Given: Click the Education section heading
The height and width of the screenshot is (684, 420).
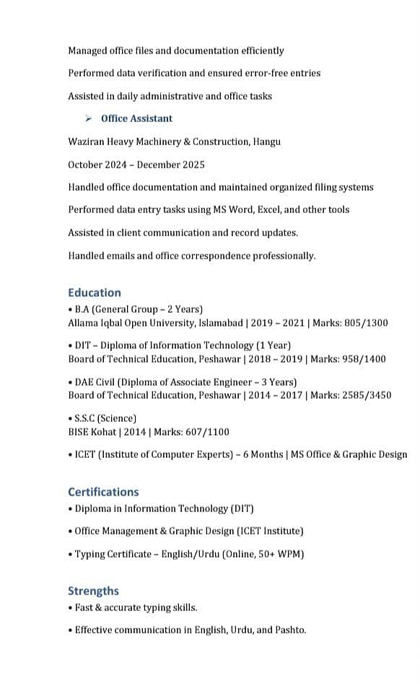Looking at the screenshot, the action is (95, 293).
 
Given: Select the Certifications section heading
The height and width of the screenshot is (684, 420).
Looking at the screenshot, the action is (103, 492).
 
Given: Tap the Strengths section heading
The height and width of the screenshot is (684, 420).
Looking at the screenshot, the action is (93, 591).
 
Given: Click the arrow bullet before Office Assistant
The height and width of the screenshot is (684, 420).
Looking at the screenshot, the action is (88, 118).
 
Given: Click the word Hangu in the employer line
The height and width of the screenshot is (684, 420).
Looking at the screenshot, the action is (267, 142).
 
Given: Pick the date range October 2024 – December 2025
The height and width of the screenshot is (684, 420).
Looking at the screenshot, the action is (136, 165).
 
